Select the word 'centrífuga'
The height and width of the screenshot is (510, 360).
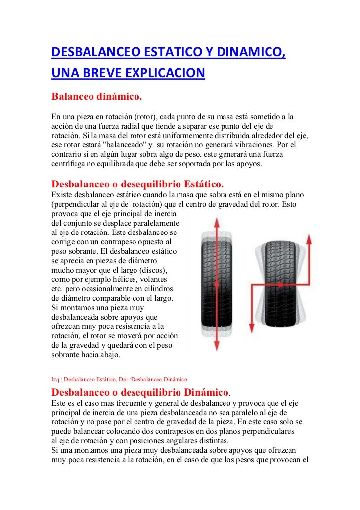[69, 164]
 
